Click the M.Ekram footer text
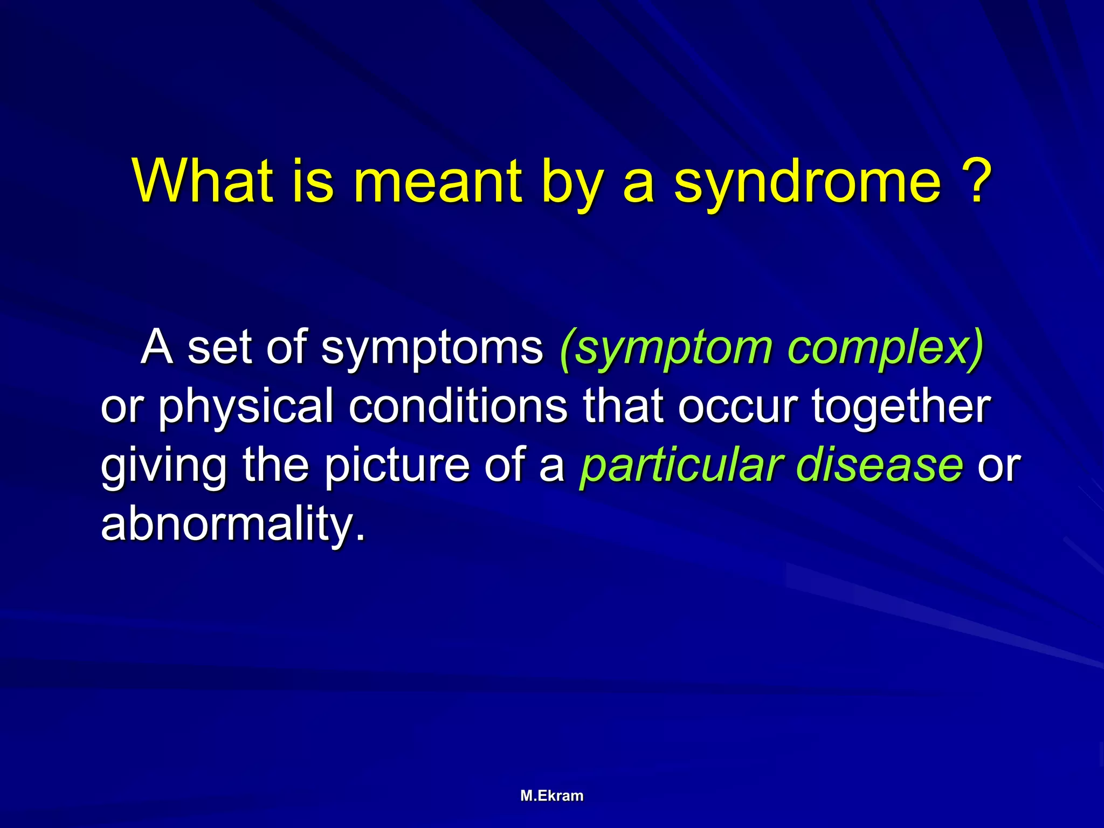click(552, 796)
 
